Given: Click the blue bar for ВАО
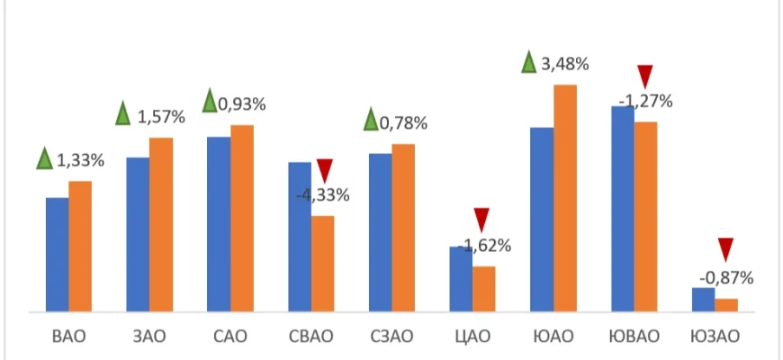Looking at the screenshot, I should pyautogui.click(x=57, y=255).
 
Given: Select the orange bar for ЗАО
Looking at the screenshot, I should pyautogui.click(x=161, y=225).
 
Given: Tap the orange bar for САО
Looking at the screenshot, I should pyautogui.click(x=242, y=219).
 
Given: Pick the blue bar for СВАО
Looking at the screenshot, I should pyautogui.click(x=300, y=237).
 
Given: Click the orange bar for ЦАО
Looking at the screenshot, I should pyautogui.click(x=484, y=289).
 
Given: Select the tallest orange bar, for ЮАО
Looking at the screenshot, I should pyautogui.click(x=565, y=198).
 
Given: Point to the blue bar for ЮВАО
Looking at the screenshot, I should pyautogui.click(x=623, y=209).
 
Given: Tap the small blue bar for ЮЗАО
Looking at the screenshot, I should pyautogui.click(x=703, y=300).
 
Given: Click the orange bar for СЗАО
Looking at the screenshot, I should pyautogui.click(x=403, y=228).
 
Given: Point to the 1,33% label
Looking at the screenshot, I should pyautogui.click(x=81, y=161).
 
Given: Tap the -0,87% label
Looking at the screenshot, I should pyautogui.click(x=726, y=277).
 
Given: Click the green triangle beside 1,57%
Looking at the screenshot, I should pyautogui.click(x=125, y=114).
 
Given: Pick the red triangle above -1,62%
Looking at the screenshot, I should pyautogui.click(x=481, y=219).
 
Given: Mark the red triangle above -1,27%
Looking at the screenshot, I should pyautogui.click(x=645, y=76).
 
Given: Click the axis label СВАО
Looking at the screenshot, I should pyautogui.click(x=311, y=337).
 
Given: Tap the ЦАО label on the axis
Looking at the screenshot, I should pyautogui.click(x=472, y=337).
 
